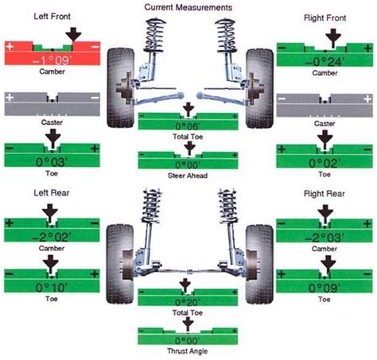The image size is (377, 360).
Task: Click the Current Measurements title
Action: [x=188, y=6]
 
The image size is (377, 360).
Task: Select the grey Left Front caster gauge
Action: [x=51, y=99]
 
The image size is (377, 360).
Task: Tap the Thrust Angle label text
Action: [x=188, y=350]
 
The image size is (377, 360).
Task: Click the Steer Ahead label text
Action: [x=188, y=176]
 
